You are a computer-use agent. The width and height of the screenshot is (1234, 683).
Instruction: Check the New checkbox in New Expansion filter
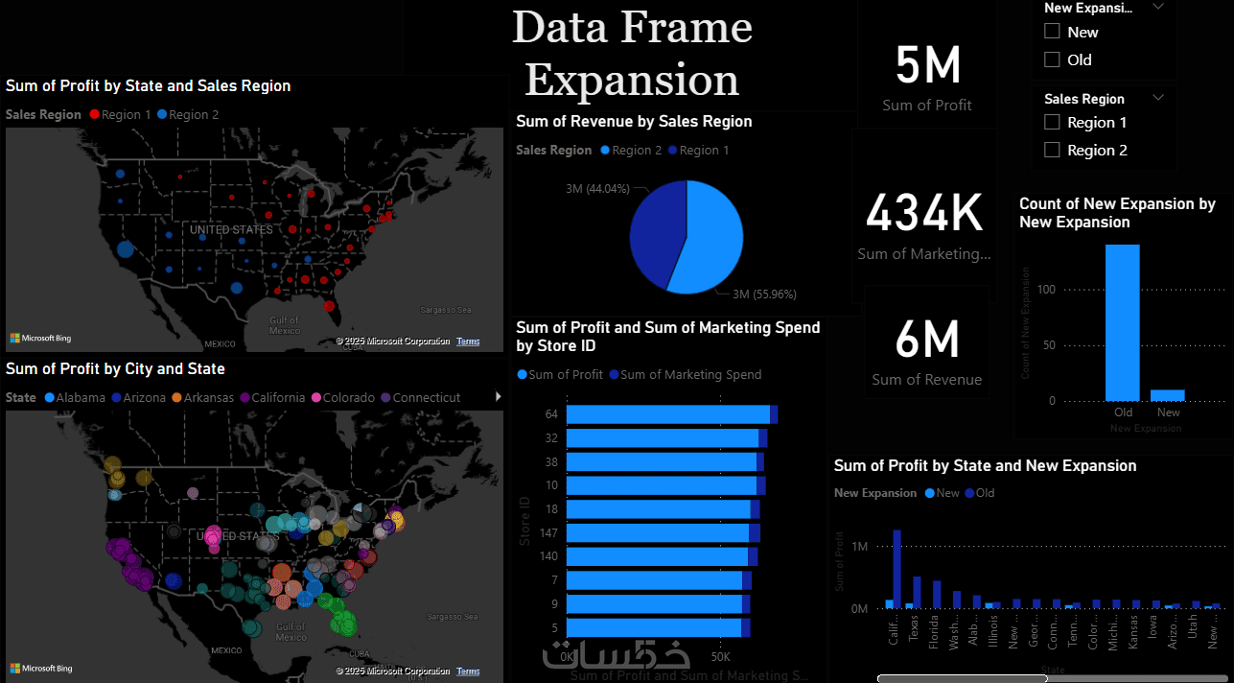(x=1052, y=32)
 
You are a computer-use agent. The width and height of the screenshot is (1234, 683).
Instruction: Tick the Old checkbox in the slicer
(x=1052, y=59)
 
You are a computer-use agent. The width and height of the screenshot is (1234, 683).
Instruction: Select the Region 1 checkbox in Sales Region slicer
(x=1052, y=122)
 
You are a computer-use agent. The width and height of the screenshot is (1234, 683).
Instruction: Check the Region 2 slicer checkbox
(x=1052, y=150)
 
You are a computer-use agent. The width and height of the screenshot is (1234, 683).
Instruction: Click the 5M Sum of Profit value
(x=927, y=66)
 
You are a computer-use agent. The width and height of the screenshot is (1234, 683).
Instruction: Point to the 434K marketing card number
(x=924, y=213)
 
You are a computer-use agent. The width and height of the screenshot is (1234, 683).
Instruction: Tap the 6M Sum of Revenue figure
(x=926, y=340)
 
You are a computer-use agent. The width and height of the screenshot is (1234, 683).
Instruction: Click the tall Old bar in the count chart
(x=1123, y=322)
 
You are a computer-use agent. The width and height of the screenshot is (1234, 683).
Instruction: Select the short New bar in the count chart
(x=1168, y=394)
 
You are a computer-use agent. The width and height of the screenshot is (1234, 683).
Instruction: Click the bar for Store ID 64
(x=667, y=414)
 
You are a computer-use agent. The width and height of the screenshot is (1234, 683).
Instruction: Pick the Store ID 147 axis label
(x=548, y=532)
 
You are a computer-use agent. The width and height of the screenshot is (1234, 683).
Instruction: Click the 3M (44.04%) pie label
(x=595, y=189)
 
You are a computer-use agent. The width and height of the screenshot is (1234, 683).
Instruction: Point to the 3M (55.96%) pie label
(x=764, y=294)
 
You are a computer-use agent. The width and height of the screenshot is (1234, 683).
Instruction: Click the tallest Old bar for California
(x=897, y=569)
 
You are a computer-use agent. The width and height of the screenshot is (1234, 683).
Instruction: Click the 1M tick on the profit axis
(x=859, y=547)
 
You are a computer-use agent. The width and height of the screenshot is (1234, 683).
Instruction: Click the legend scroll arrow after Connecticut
(x=497, y=397)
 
